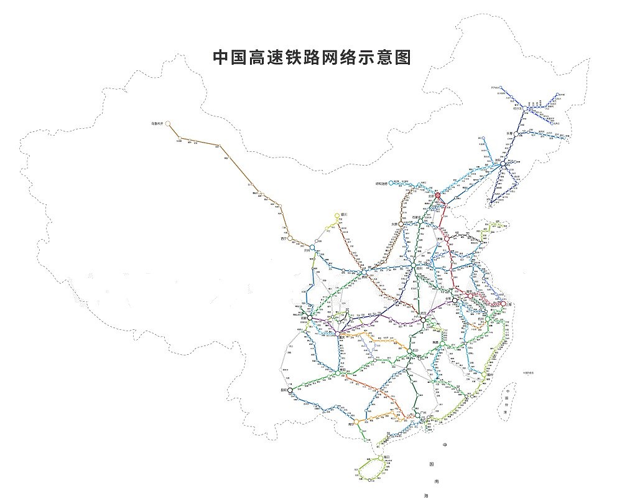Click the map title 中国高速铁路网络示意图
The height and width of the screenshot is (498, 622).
[x=312, y=57]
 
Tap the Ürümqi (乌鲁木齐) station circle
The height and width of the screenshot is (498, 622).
[x=168, y=124]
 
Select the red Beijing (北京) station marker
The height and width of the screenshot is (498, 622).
[x=437, y=195]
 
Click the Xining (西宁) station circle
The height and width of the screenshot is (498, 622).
[x=290, y=238]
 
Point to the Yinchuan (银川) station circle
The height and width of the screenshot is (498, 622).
[x=338, y=216]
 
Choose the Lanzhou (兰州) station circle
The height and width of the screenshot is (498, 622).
[x=313, y=248]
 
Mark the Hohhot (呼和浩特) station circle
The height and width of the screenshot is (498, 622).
[x=392, y=184]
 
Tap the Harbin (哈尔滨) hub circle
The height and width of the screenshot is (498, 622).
[x=526, y=108]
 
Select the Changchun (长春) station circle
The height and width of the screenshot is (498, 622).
[x=516, y=134]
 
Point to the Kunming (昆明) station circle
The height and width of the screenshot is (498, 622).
[x=290, y=390]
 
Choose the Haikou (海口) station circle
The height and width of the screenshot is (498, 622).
[x=380, y=458]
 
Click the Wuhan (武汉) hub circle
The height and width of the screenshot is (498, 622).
[x=424, y=320]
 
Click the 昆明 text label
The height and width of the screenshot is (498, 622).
[x=284, y=391]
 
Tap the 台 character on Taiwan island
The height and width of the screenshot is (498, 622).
[x=506, y=405]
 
